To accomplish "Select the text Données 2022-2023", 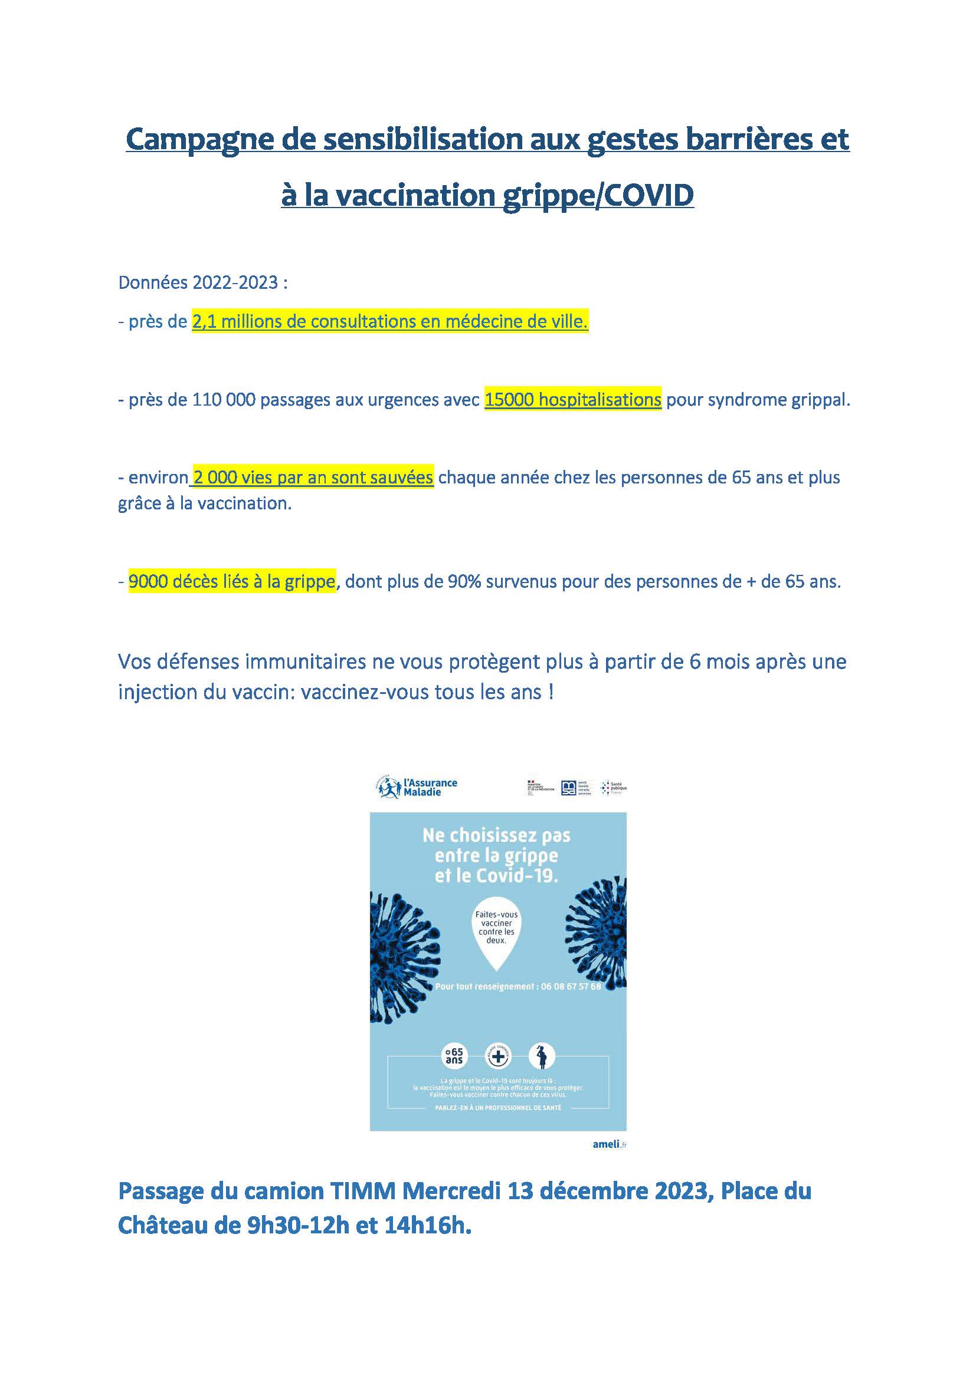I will click(198, 282).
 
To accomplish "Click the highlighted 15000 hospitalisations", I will click(572, 400).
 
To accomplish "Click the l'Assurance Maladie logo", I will click(417, 787).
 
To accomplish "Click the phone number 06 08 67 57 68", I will click(571, 986).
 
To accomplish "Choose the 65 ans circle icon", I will click(454, 1056).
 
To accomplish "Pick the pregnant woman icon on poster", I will click(542, 1056).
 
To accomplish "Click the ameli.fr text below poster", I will click(609, 1144).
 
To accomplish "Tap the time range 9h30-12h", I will click(298, 1225).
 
